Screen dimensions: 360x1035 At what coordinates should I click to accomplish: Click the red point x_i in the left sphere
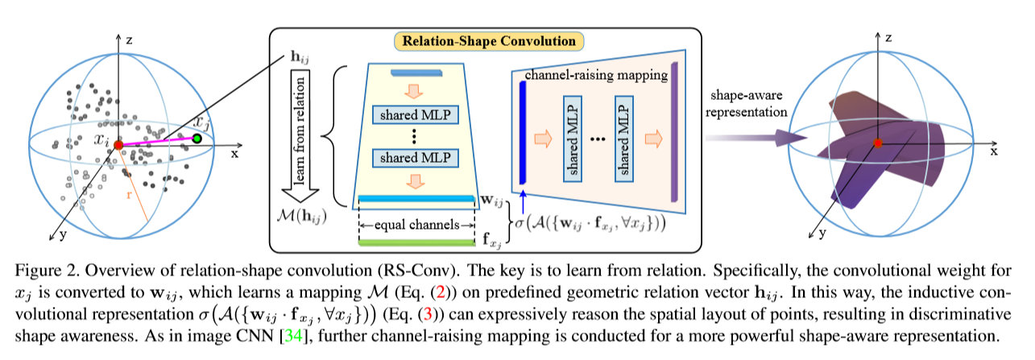(118, 145)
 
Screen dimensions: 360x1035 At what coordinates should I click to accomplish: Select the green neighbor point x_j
(196, 139)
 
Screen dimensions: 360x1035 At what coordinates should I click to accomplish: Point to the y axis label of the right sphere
(823, 233)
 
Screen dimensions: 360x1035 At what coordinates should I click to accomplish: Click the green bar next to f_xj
(415, 242)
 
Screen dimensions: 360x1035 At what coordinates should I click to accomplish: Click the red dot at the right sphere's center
(878, 143)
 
